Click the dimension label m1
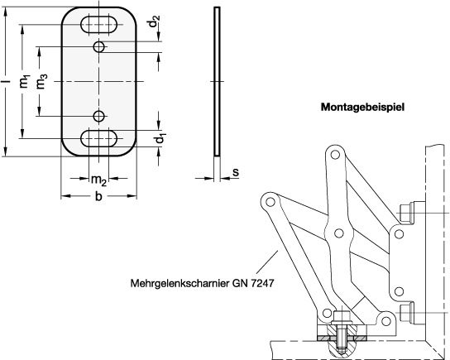25,81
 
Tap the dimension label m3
41,81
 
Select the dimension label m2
98,180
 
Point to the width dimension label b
98,196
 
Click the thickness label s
236,172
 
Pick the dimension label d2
155,22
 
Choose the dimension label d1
160,138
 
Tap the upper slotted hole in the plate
99,25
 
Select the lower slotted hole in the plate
99,138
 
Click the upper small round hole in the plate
99,46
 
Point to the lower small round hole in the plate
99,116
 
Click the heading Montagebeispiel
363,108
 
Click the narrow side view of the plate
218,82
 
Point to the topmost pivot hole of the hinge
333,155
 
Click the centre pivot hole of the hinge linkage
339,233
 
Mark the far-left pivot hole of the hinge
270,202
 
